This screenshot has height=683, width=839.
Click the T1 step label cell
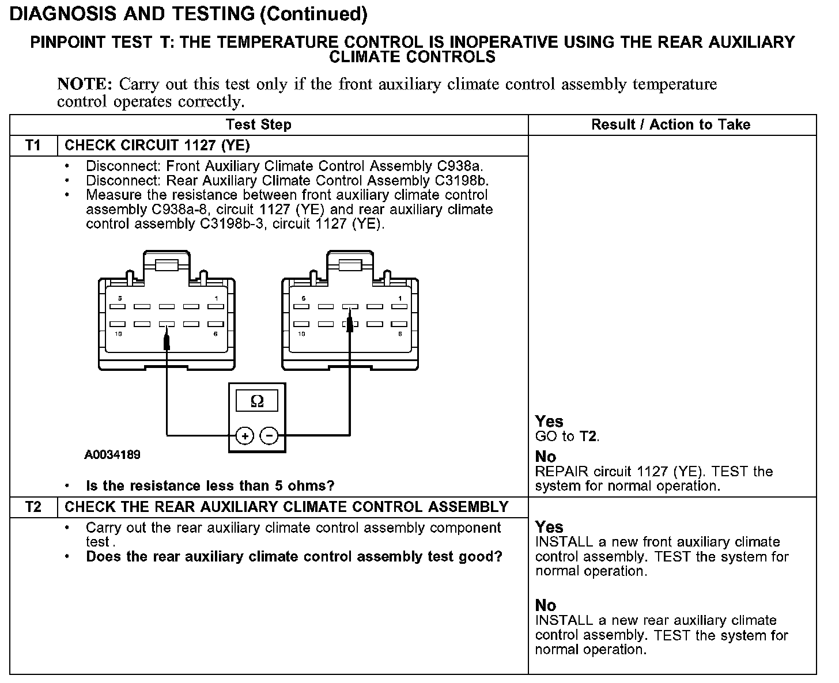click(x=33, y=146)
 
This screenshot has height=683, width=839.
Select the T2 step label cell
click(x=33, y=507)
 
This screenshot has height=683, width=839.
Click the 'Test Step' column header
click(x=259, y=125)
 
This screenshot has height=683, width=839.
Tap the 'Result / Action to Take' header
click(x=671, y=125)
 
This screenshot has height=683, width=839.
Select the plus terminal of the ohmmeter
click(x=245, y=436)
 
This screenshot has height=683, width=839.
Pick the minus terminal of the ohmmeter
click(x=269, y=436)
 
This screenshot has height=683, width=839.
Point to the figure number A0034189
click(x=112, y=455)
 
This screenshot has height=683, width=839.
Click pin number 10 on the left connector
click(x=118, y=334)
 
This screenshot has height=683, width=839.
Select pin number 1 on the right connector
click(x=400, y=298)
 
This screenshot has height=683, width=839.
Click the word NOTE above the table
click(x=84, y=85)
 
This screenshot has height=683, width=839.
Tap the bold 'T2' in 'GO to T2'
click(x=588, y=437)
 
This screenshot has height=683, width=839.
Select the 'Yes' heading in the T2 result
click(x=549, y=527)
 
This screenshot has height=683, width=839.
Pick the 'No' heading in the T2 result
click(x=546, y=605)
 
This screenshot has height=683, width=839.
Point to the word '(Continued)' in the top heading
click(x=313, y=14)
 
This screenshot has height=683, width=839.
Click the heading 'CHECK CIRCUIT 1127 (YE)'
click(x=157, y=146)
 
